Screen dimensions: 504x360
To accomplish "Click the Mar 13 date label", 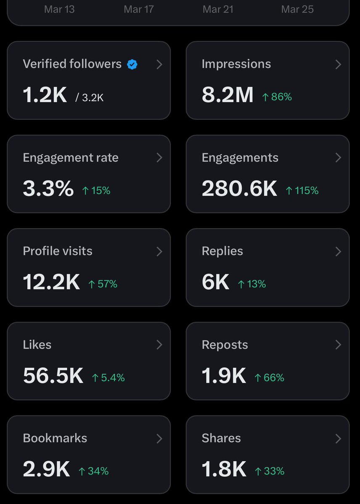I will pyautogui.click(x=59, y=9).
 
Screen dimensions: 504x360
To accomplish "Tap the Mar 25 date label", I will pyautogui.click(x=297, y=9).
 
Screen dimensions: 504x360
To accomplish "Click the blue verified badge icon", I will pyautogui.click(x=132, y=64).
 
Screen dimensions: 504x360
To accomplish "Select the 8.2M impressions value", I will pyautogui.click(x=228, y=95).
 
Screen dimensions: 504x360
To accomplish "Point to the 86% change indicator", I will pyautogui.click(x=277, y=97).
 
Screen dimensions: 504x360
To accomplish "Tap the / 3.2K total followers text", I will pyautogui.click(x=90, y=98).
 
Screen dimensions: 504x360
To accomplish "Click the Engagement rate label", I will pyautogui.click(x=71, y=158).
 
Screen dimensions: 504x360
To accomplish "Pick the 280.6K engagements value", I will pyautogui.click(x=239, y=189).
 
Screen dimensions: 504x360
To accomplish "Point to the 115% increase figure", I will pyautogui.click(x=302, y=191).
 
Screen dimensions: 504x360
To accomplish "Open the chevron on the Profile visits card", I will pyautogui.click(x=159, y=251).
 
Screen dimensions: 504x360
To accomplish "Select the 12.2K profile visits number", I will pyautogui.click(x=51, y=282).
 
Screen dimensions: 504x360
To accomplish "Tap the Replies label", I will pyautogui.click(x=222, y=251).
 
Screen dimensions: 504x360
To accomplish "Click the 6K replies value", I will pyautogui.click(x=215, y=282).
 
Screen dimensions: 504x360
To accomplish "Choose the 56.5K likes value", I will pyautogui.click(x=53, y=376).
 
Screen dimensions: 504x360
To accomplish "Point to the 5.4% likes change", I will pyautogui.click(x=109, y=378).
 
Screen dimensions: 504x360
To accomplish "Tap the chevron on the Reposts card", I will pyautogui.click(x=338, y=345).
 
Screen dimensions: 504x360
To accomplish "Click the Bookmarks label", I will pyautogui.click(x=55, y=438).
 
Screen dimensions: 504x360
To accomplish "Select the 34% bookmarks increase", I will pyautogui.click(x=94, y=471).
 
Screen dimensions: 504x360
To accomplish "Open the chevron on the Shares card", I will pyautogui.click(x=338, y=438).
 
